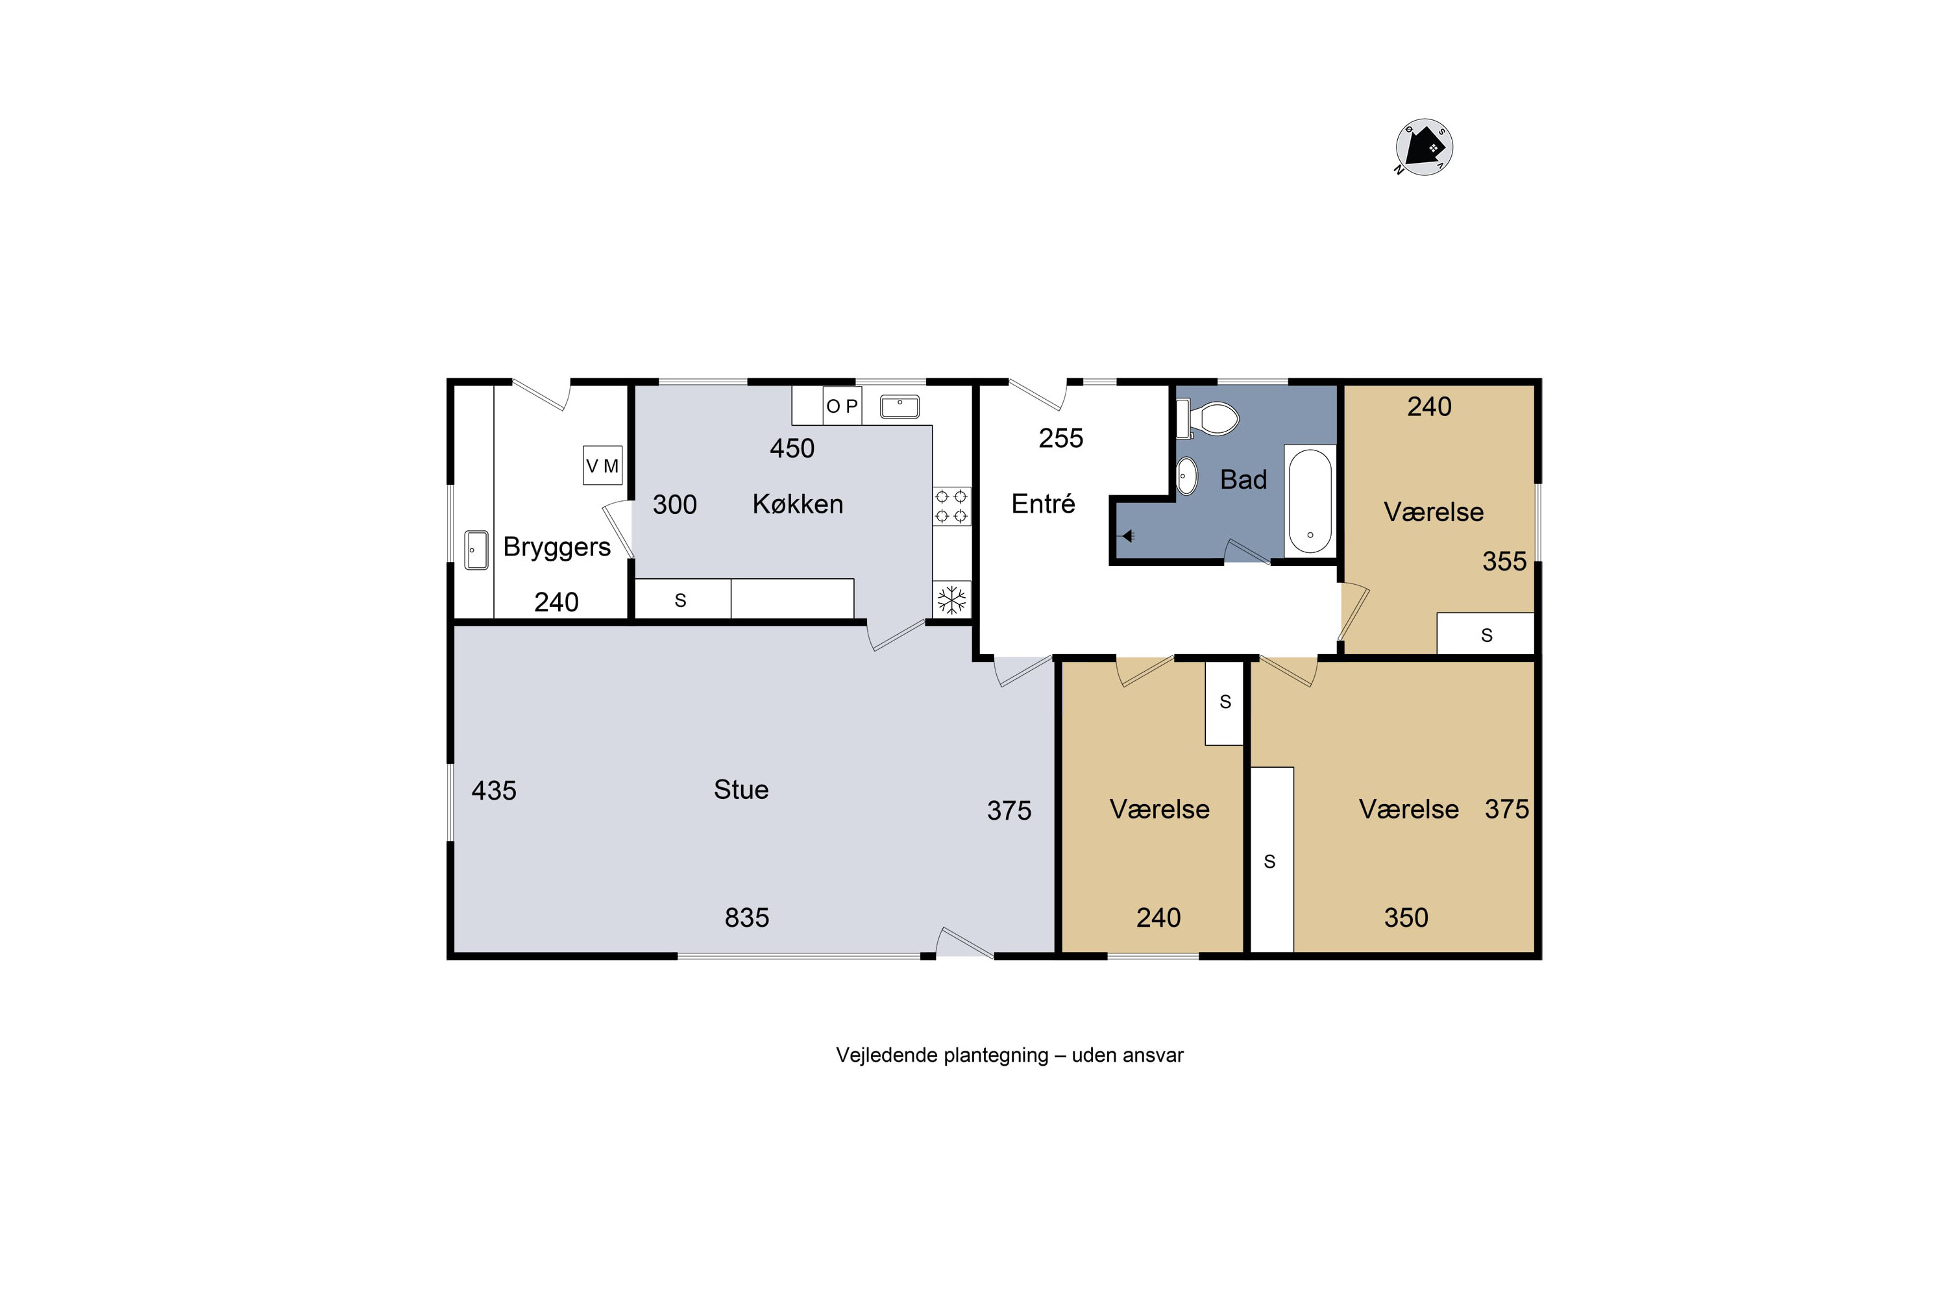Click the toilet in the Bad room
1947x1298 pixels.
(1208, 419)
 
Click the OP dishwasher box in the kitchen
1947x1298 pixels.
(842, 406)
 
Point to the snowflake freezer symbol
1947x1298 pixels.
(952, 599)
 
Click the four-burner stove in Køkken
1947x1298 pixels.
(951, 506)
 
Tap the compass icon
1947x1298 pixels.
(1424, 147)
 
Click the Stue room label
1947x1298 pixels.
(741, 790)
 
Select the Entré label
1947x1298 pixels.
(1043, 504)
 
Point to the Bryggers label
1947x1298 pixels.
(556, 547)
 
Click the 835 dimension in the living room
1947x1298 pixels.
(747, 917)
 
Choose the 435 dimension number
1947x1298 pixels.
(493, 790)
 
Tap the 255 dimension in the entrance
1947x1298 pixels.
(1060, 438)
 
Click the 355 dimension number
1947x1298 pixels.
(1504, 561)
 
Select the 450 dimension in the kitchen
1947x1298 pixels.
(792, 448)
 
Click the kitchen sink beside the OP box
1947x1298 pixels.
(900, 406)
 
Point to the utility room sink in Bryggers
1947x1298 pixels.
(476, 550)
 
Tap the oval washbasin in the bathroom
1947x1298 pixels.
(1187, 476)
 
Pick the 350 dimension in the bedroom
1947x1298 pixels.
(1406, 917)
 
